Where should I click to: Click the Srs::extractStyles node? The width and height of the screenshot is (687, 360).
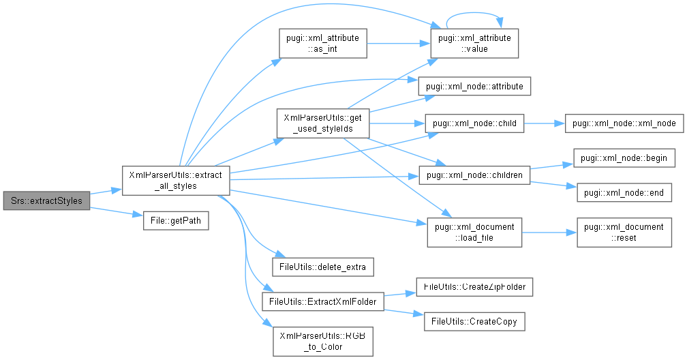click(x=46, y=201)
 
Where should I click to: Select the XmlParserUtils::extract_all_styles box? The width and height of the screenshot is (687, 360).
click(x=175, y=179)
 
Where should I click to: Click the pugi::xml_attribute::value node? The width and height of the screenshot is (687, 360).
click(x=475, y=42)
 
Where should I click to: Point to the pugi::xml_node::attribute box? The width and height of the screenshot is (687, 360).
click(x=475, y=87)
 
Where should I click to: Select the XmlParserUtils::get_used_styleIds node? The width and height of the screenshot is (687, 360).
click(x=323, y=123)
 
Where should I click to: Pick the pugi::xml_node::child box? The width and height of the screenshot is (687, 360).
click(x=475, y=124)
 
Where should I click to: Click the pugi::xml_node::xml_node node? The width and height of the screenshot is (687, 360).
click(x=624, y=124)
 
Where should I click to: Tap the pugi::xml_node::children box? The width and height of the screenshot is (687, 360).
click(x=475, y=176)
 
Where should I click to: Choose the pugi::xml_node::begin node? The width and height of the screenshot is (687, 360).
click(x=624, y=158)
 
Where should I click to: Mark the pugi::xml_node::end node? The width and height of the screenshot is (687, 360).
click(x=624, y=193)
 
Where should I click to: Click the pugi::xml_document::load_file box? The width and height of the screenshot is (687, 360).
click(x=474, y=231)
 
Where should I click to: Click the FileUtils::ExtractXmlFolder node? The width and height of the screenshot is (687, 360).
click(x=323, y=300)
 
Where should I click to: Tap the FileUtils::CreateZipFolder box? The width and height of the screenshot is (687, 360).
click(x=474, y=288)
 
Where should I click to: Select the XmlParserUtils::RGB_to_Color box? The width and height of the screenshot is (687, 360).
click(x=323, y=341)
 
